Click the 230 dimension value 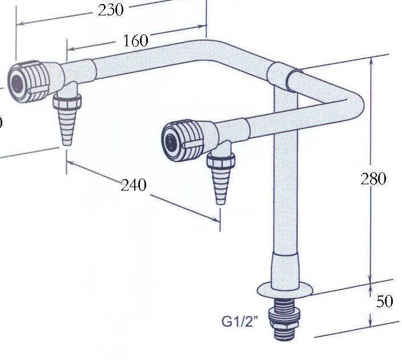coord(111,10)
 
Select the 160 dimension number coord(135,41)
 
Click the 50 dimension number coord(384,301)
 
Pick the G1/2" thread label coord(240,321)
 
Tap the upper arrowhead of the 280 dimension coord(372,59)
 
